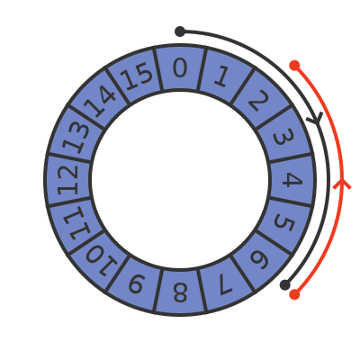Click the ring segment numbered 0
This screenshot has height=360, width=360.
click(x=180, y=67)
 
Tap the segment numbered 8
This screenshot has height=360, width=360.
click(x=180, y=292)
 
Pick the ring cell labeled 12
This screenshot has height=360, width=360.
click(x=67, y=180)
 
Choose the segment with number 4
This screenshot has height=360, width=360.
click(x=292, y=180)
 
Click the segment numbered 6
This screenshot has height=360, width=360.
click(x=259, y=259)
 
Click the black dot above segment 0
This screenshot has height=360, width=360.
click(x=180, y=31)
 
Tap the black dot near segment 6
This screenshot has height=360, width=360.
click(x=285, y=284)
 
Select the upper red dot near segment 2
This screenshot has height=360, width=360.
click(x=294, y=65)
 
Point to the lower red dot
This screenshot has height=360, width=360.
click(x=294, y=294)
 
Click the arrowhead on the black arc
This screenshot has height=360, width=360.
click(x=316, y=119)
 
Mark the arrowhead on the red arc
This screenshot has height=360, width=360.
click(x=342, y=184)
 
